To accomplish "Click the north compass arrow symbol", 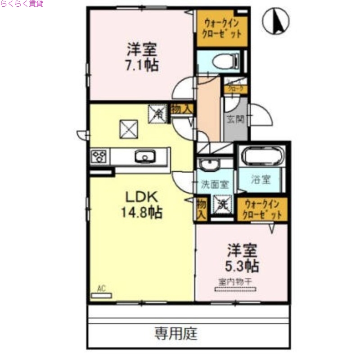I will point(276,22).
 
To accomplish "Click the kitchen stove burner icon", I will point(99,157).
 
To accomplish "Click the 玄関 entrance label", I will point(234,120).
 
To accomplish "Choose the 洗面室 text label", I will point(215,184).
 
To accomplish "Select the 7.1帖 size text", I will point(141,65).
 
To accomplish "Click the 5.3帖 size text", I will point(242,266).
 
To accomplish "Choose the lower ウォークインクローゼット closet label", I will point(262,210).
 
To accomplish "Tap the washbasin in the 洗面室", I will point(208,165).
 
